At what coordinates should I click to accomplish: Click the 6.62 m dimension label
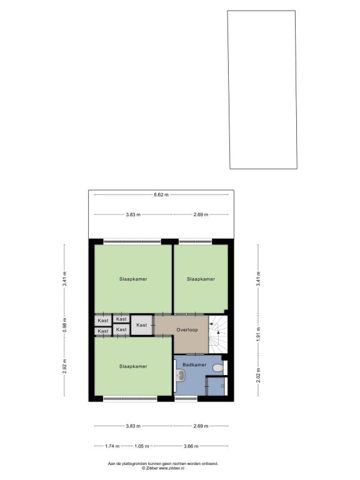point(161,195)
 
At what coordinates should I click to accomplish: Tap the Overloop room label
point(187,330)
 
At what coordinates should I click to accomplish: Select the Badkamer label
point(194,365)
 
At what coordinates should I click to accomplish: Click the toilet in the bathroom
point(218,367)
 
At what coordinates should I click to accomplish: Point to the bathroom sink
point(180,375)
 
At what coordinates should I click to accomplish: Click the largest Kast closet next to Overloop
point(142,325)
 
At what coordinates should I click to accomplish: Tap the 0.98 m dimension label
point(64,325)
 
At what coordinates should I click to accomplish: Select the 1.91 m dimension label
point(258,334)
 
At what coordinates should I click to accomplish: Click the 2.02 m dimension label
point(258,375)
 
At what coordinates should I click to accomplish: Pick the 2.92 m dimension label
point(64,366)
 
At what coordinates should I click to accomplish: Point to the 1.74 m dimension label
point(112,446)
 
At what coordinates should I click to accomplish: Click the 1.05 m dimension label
point(142,446)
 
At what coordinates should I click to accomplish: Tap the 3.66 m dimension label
point(191,446)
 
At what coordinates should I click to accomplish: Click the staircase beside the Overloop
point(218,334)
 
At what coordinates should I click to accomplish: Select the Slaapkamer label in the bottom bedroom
point(133,366)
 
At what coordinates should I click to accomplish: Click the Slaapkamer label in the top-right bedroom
point(201,279)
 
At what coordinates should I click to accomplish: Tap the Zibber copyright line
point(163,468)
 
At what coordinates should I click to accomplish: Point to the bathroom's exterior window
point(186,399)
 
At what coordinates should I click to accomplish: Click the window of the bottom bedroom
point(130,399)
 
